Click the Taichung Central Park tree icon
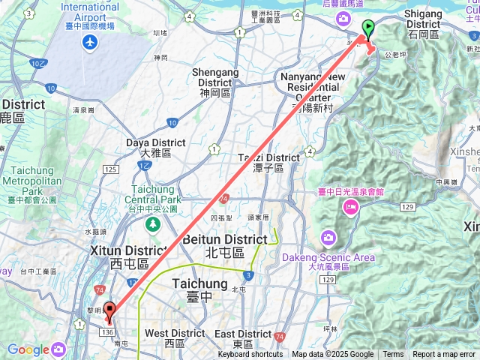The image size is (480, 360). click(153, 224)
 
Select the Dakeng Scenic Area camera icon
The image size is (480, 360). click(328, 239)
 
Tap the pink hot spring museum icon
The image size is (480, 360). click(349, 207)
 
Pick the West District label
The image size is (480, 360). click(175, 333)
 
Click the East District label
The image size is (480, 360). click(242, 333)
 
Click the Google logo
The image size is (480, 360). click(28, 349)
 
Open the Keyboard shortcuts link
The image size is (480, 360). click(250, 355)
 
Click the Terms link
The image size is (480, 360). click(393, 355)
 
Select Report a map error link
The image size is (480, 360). click(445, 355)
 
